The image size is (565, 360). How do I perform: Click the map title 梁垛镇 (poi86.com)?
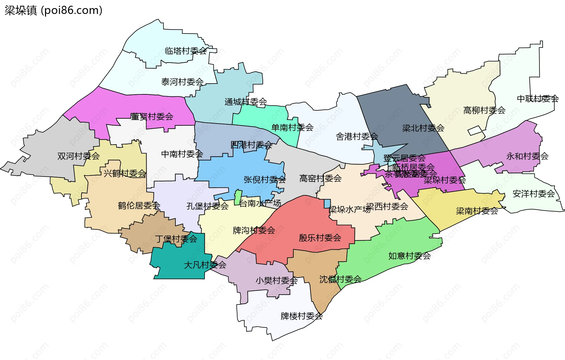[x=53, y=11]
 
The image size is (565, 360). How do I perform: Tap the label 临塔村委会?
[x=186, y=51]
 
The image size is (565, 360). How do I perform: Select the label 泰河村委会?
[x=182, y=82]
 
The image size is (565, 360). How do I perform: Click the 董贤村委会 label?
[x=152, y=117]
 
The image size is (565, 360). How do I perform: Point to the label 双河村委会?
[x=79, y=156]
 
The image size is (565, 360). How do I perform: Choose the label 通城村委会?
[x=246, y=102]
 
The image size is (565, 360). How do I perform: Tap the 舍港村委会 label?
[x=357, y=136]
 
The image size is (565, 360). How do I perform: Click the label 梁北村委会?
[x=423, y=128]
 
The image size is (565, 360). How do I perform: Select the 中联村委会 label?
[x=538, y=99]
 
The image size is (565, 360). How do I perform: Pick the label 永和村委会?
[x=527, y=156]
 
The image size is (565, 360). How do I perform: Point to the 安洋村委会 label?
[x=534, y=194]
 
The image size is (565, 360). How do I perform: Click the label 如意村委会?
[x=409, y=256]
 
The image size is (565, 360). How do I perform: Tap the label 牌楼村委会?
[x=302, y=316]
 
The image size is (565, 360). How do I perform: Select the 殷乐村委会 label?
[x=320, y=238]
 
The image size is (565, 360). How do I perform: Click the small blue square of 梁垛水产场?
[x=327, y=204]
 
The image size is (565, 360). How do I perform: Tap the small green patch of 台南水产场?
[x=238, y=197]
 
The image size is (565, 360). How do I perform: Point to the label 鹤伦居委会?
[x=139, y=206]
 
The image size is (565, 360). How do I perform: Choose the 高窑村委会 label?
[x=320, y=178]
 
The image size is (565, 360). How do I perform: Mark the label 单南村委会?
[x=292, y=128]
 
